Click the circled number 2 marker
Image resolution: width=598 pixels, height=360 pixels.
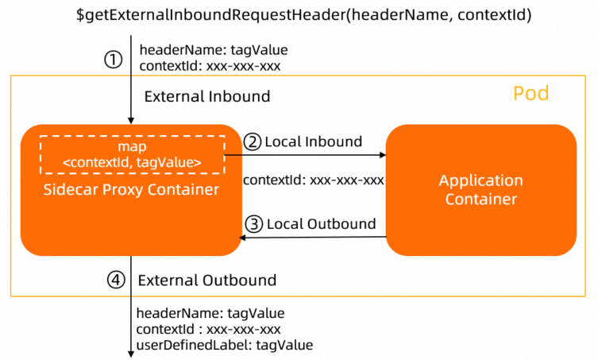(x=253, y=142)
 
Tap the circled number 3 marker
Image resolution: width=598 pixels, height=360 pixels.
(x=253, y=224)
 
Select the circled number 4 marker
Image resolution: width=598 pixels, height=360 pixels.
(x=116, y=280)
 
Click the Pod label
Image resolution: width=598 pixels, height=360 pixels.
(x=530, y=94)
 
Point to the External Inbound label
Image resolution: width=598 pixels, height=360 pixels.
(x=206, y=97)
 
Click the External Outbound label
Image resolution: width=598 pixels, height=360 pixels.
(x=206, y=280)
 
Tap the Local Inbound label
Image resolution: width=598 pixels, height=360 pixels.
(x=313, y=142)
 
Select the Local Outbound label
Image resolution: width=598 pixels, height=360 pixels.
(x=321, y=224)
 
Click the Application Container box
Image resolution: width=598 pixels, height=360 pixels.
(x=480, y=190)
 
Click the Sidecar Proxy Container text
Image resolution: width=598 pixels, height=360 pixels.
(x=131, y=190)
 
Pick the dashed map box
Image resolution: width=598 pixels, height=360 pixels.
(x=131, y=155)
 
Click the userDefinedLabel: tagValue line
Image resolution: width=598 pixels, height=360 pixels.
(x=225, y=345)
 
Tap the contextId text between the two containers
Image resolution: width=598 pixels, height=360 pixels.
(x=314, y=180)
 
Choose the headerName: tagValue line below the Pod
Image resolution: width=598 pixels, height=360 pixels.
(x=210, y=313)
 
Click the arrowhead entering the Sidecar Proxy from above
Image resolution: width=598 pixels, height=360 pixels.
(x=130, y=119)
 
